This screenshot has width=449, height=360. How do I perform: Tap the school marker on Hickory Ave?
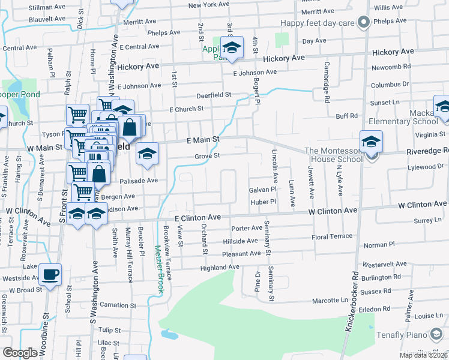click(231, 47)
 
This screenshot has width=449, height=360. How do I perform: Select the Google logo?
click(20, 353)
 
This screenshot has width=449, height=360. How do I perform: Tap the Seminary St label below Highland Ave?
click(271, 283)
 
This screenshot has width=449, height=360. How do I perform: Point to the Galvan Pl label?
click(262, 190)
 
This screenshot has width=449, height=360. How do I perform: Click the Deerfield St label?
click(214, 95)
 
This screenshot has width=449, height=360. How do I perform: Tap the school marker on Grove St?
click(146, 154)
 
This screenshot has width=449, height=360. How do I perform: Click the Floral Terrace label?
click(332, 237)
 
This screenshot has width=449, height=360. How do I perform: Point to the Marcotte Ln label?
click(330, 300)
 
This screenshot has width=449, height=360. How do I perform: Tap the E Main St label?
click(203, 139)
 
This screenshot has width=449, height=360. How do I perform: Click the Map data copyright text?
click(423, 355)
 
